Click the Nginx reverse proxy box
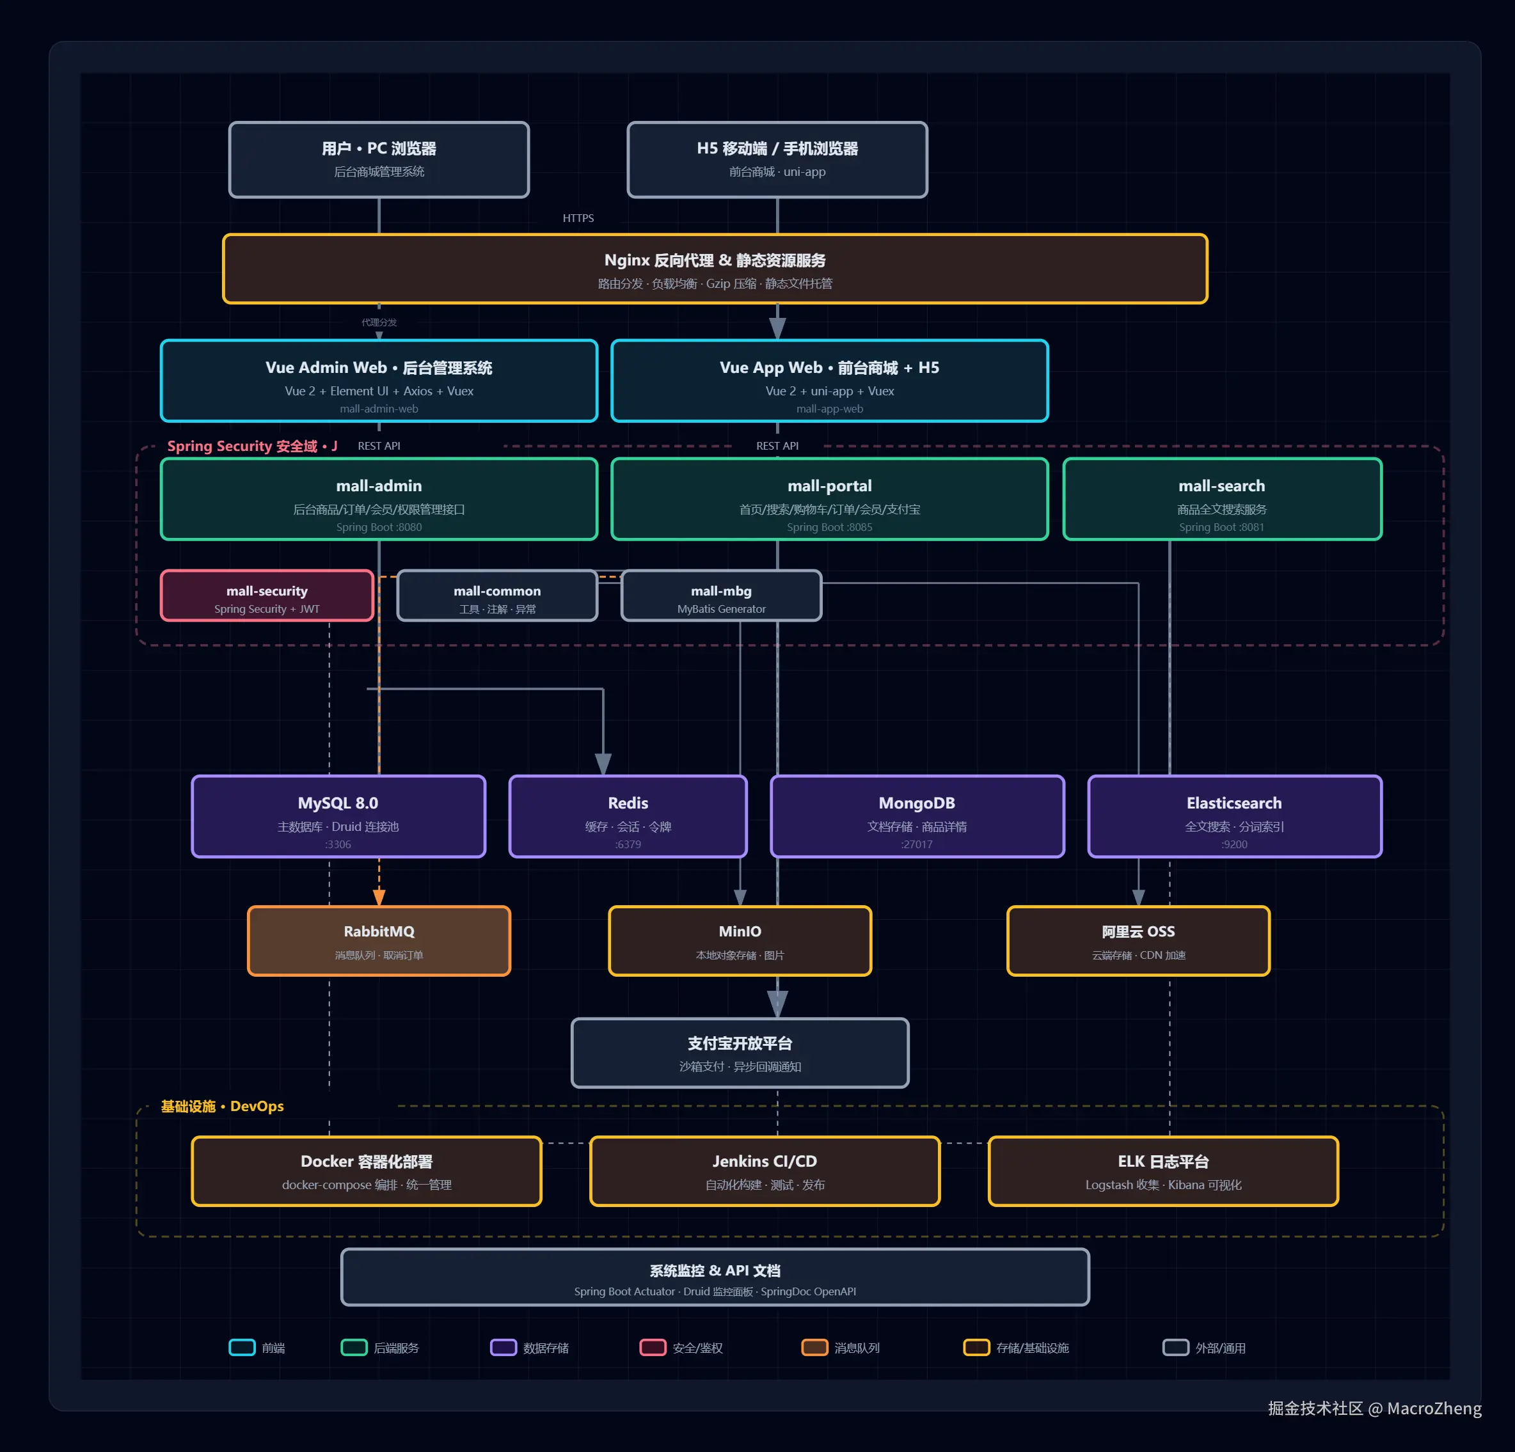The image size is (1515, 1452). point(715,269)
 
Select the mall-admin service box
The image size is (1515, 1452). point(379,499)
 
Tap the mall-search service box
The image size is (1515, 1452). point(1222,499)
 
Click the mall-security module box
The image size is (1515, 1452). point(267,596)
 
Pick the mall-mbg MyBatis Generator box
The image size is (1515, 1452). point(721,596)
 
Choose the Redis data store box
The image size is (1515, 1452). point(628,817)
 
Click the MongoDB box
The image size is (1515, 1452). point(917,817)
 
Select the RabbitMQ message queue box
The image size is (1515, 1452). point(379,941)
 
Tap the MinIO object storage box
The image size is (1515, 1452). point(740,941)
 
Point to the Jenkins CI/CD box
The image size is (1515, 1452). point(765,1171)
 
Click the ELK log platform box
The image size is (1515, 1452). point(1163,1171)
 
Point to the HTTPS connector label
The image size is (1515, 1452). point(578,219)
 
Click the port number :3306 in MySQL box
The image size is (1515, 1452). point(338,844)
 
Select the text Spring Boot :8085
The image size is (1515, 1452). point(829,528)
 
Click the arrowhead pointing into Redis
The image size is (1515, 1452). point(603,764)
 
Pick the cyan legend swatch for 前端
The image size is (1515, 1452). point(242,1348)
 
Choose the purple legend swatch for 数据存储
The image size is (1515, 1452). point(504,1348)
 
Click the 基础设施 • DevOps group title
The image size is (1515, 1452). point(222,1107)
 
